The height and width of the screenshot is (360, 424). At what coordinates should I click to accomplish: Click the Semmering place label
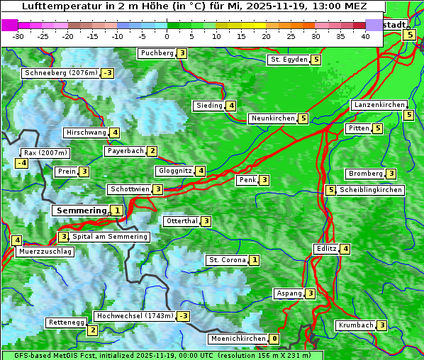(80, 210)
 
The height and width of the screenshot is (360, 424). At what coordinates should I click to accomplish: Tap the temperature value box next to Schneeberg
(108, 73)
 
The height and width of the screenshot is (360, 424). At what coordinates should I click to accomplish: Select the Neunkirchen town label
(272, 118)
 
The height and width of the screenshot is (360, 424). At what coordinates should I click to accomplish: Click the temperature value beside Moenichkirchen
(274, 339)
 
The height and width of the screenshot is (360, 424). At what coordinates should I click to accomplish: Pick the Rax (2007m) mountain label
(45, 152)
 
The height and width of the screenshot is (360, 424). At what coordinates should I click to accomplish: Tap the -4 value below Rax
(22, 163)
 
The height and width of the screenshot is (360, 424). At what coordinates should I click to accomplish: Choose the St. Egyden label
(289, 60)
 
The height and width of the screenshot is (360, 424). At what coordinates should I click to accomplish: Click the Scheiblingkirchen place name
(371, 190)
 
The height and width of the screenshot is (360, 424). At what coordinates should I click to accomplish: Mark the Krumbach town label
(355, 325)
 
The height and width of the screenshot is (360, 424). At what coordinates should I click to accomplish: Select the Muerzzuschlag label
(45, 252)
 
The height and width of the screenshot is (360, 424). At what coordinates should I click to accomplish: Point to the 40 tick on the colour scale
(365, 35)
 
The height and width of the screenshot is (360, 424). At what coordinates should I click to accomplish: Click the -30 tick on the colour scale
(18, 35)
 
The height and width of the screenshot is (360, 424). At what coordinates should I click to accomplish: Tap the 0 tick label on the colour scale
(167, 35)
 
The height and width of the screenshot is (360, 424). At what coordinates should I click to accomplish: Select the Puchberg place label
(157, 53)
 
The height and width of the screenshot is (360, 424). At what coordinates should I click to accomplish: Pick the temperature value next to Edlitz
(345, 249)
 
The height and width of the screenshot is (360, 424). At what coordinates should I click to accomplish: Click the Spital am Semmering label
(110, 237)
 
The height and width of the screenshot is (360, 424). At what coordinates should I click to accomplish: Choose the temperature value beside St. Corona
(254, 260)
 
